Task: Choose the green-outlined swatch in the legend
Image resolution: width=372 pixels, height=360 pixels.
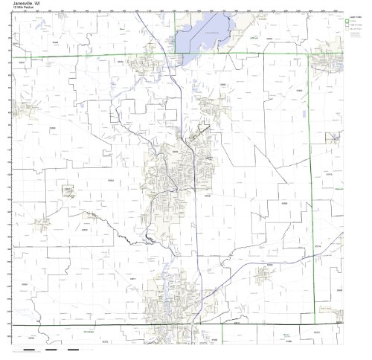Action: (x=346, y=22)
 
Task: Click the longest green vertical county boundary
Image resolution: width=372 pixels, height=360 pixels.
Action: (x=311, y=186)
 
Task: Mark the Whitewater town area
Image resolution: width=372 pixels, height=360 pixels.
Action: (x=327, y=63)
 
